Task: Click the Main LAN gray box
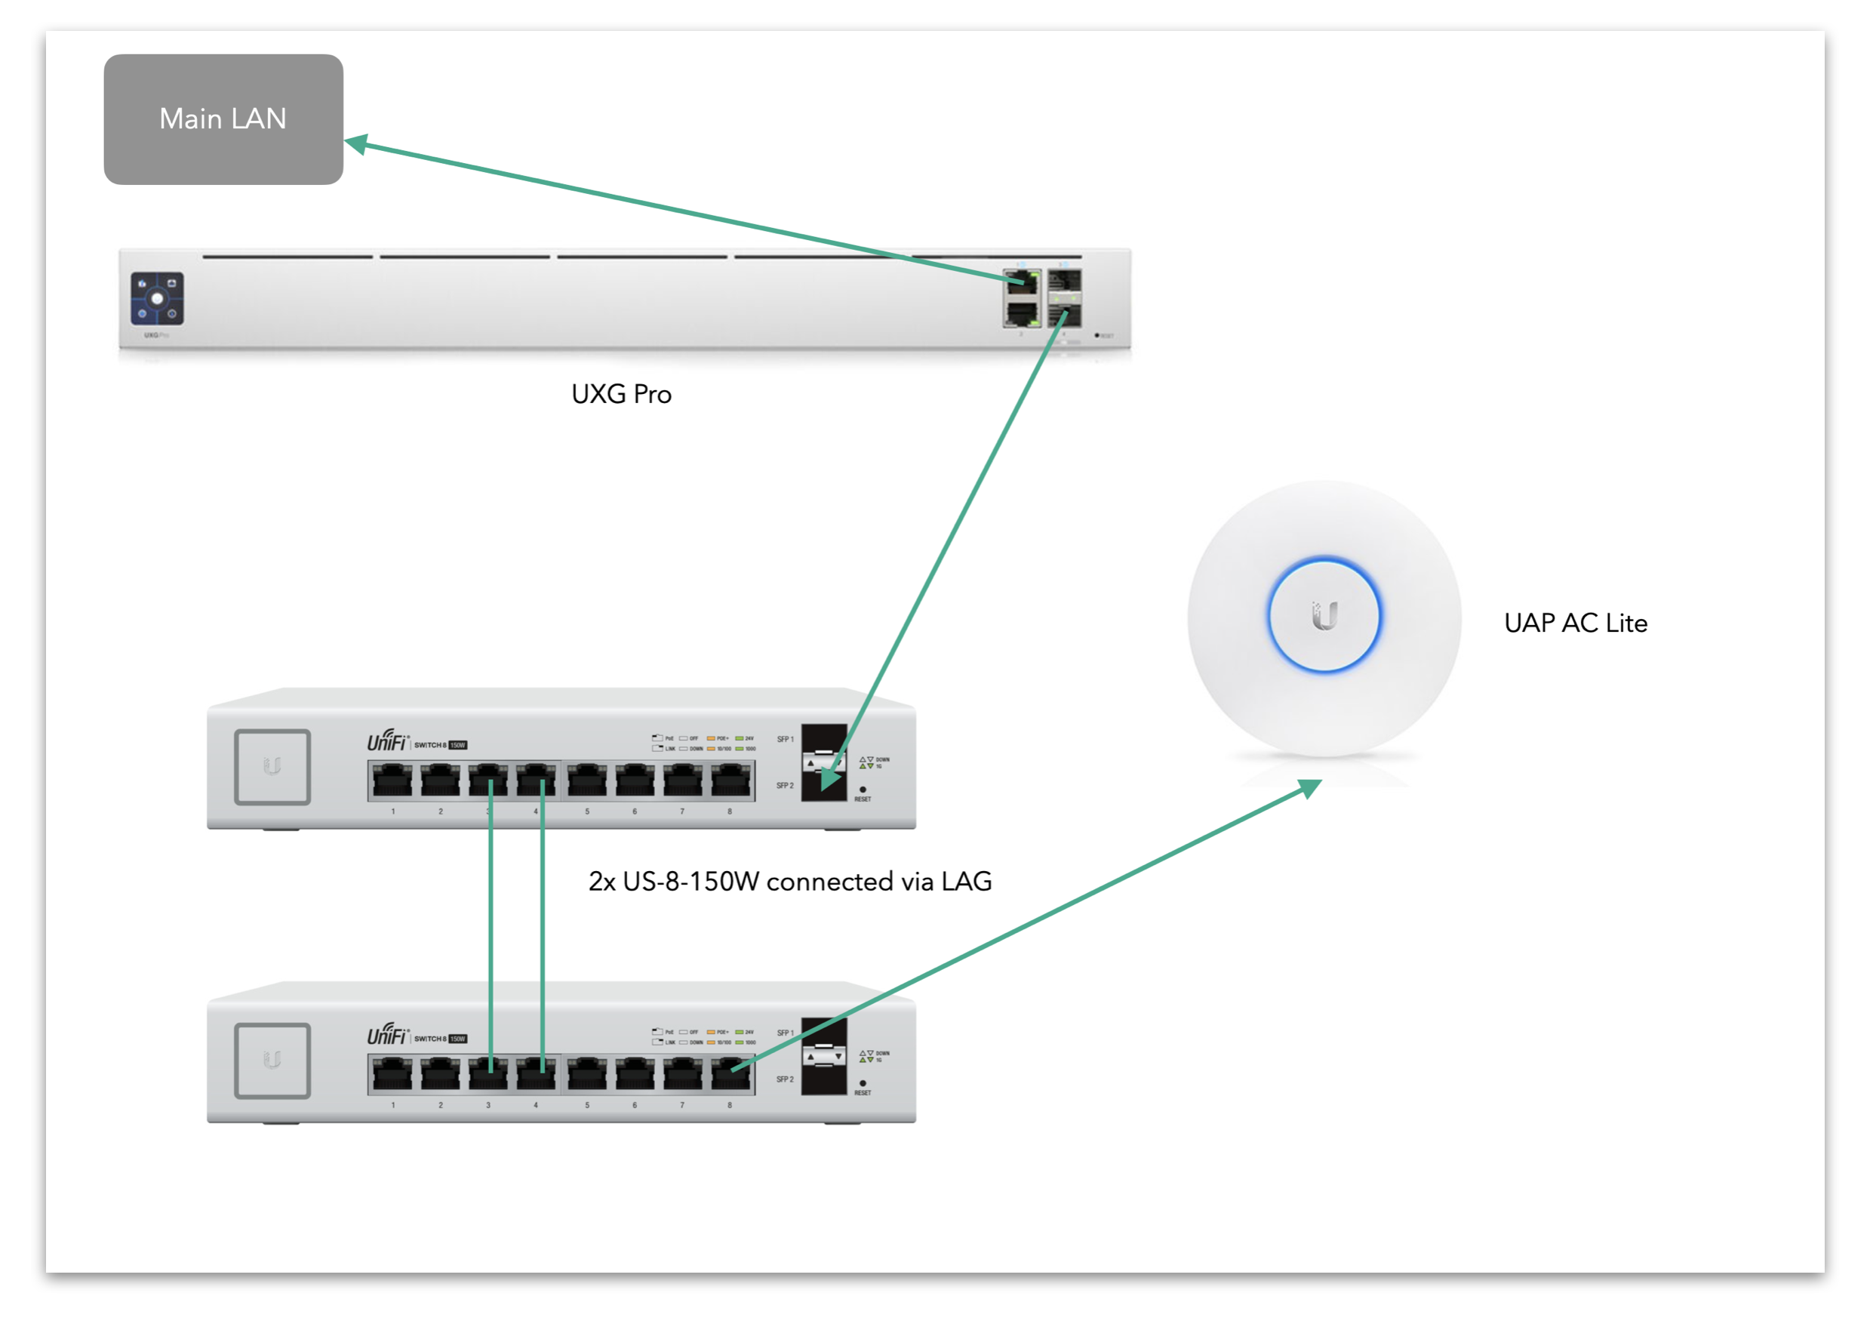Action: coord(223,119)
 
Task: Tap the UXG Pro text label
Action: coord(621,395)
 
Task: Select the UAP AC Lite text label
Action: coord(1575,623)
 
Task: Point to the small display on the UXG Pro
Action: coord(157,299)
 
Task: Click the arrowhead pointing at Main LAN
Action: coord(357,145)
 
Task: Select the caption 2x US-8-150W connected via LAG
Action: coord(790,882)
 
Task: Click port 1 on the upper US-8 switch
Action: coord(392,780)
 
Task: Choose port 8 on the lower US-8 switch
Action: coord(730,1073)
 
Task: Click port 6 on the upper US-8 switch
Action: coord(634,780)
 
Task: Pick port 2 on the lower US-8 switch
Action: coord(440,1073)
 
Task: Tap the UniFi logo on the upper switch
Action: coord(387,742)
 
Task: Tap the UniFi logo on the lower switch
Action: coord(387,1036)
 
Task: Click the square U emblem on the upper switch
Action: coord(272,767)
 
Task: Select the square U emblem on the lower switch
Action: coord(272,1061)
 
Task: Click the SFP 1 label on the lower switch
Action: coord(784,1033)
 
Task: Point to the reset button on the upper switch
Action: coord(863,790)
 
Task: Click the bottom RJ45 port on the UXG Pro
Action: coord(1021,314)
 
